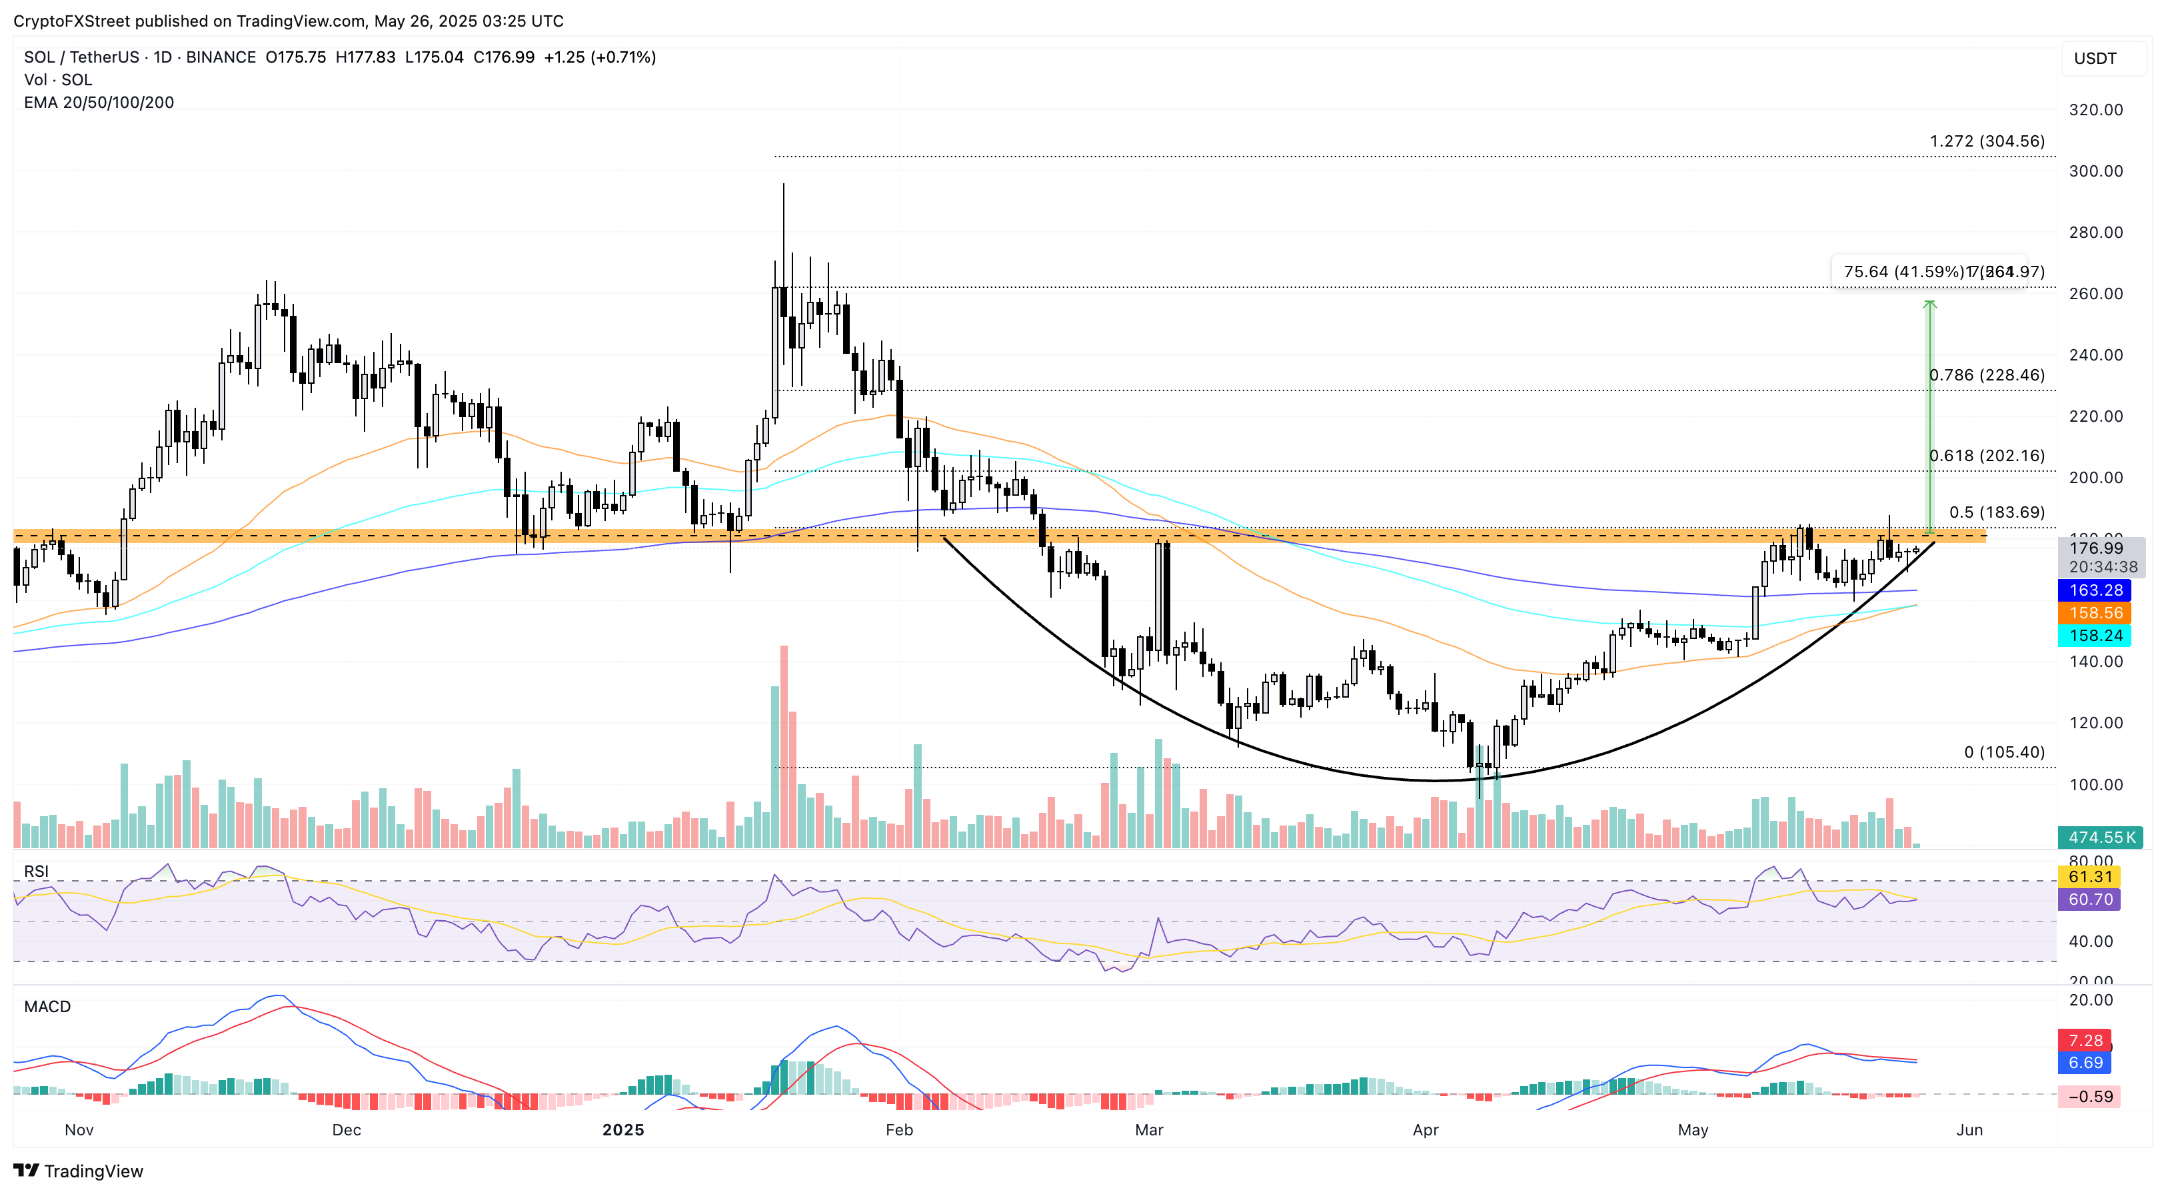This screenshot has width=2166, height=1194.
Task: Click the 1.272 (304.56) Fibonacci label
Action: click(1986, 141)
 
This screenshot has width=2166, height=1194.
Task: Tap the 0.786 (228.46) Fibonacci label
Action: click(1986, 375)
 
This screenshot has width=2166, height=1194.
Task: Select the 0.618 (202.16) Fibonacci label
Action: click(1986, 456)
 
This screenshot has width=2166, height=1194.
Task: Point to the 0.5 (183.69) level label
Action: click(1996, 512)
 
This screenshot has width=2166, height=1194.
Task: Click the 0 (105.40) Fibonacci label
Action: click(2004, 752)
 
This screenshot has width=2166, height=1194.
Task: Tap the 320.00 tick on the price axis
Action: click(2095, 110)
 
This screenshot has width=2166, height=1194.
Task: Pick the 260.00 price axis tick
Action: click(2095, 293)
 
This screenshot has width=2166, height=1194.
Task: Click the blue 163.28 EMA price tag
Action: click(2095, 590)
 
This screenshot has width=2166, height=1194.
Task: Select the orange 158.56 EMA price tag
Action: click(2095, 613)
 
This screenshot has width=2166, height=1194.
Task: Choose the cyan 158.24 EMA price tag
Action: click(2095, 636)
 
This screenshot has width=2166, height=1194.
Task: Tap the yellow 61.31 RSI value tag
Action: click(2089, 877)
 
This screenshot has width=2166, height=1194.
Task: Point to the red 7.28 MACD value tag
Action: click(2085, 1041)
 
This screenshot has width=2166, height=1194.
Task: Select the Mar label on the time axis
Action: click(1148, 1130)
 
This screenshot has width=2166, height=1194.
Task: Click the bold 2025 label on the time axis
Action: click(623, 1130)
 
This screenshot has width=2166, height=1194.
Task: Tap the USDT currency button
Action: click(2095, 59)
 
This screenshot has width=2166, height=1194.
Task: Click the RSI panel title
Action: click(36, 871)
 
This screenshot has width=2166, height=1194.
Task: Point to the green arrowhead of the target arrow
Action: click(1929, 304)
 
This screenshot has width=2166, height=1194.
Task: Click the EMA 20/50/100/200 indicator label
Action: click(99, 103)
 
